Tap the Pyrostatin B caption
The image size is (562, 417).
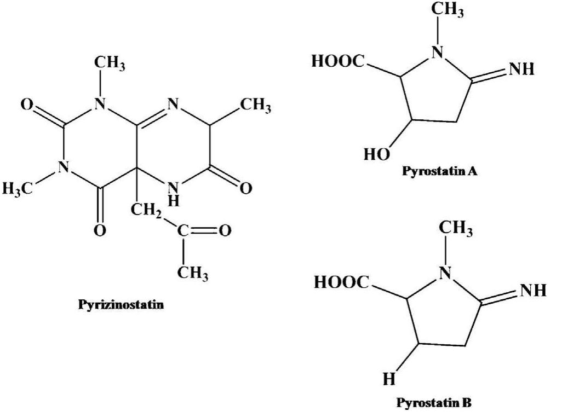click(434, 404)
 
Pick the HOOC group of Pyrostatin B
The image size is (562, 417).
click(341, 282)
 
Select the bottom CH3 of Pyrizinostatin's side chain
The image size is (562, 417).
click(193, 273)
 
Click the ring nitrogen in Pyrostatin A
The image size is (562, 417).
click(437, 52)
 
